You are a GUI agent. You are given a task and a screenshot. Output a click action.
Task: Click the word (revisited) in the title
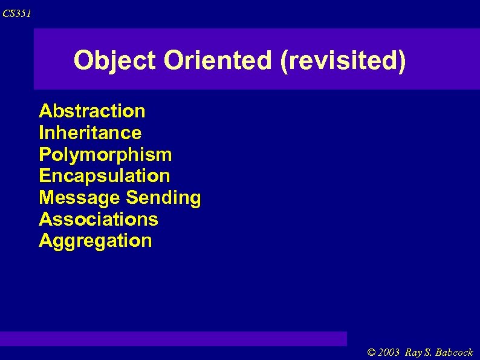343,61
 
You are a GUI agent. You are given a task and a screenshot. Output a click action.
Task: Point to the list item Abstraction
92,111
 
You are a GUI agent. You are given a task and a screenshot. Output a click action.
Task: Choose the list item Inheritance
90,133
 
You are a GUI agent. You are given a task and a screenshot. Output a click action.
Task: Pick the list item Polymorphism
105,154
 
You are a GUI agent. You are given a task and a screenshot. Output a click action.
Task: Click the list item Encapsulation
105,176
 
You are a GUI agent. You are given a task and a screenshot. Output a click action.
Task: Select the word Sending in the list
164,198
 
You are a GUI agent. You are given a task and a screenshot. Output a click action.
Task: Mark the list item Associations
99,219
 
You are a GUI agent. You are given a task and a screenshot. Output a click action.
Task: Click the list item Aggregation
96,241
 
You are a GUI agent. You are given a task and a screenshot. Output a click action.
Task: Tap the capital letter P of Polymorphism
45,154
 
